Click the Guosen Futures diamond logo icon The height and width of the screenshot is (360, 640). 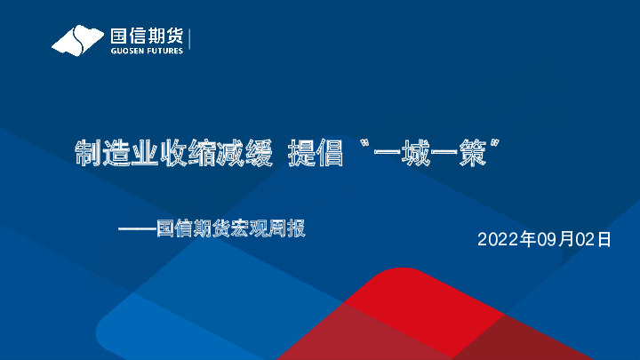tap(78, 40)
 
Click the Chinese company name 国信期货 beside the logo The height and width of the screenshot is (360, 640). tap(146, 36)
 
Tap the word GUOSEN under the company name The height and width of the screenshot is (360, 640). tap(125, 51)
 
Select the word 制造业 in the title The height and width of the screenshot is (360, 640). tap(113, 153)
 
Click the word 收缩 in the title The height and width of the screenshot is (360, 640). tap(182, 153)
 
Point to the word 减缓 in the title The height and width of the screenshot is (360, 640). tap(242, 153)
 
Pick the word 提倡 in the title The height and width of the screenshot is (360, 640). tap(316, 153)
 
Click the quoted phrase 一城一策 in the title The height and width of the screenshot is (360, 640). tap(436, 153)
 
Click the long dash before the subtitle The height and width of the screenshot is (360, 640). tap(137, 229)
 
